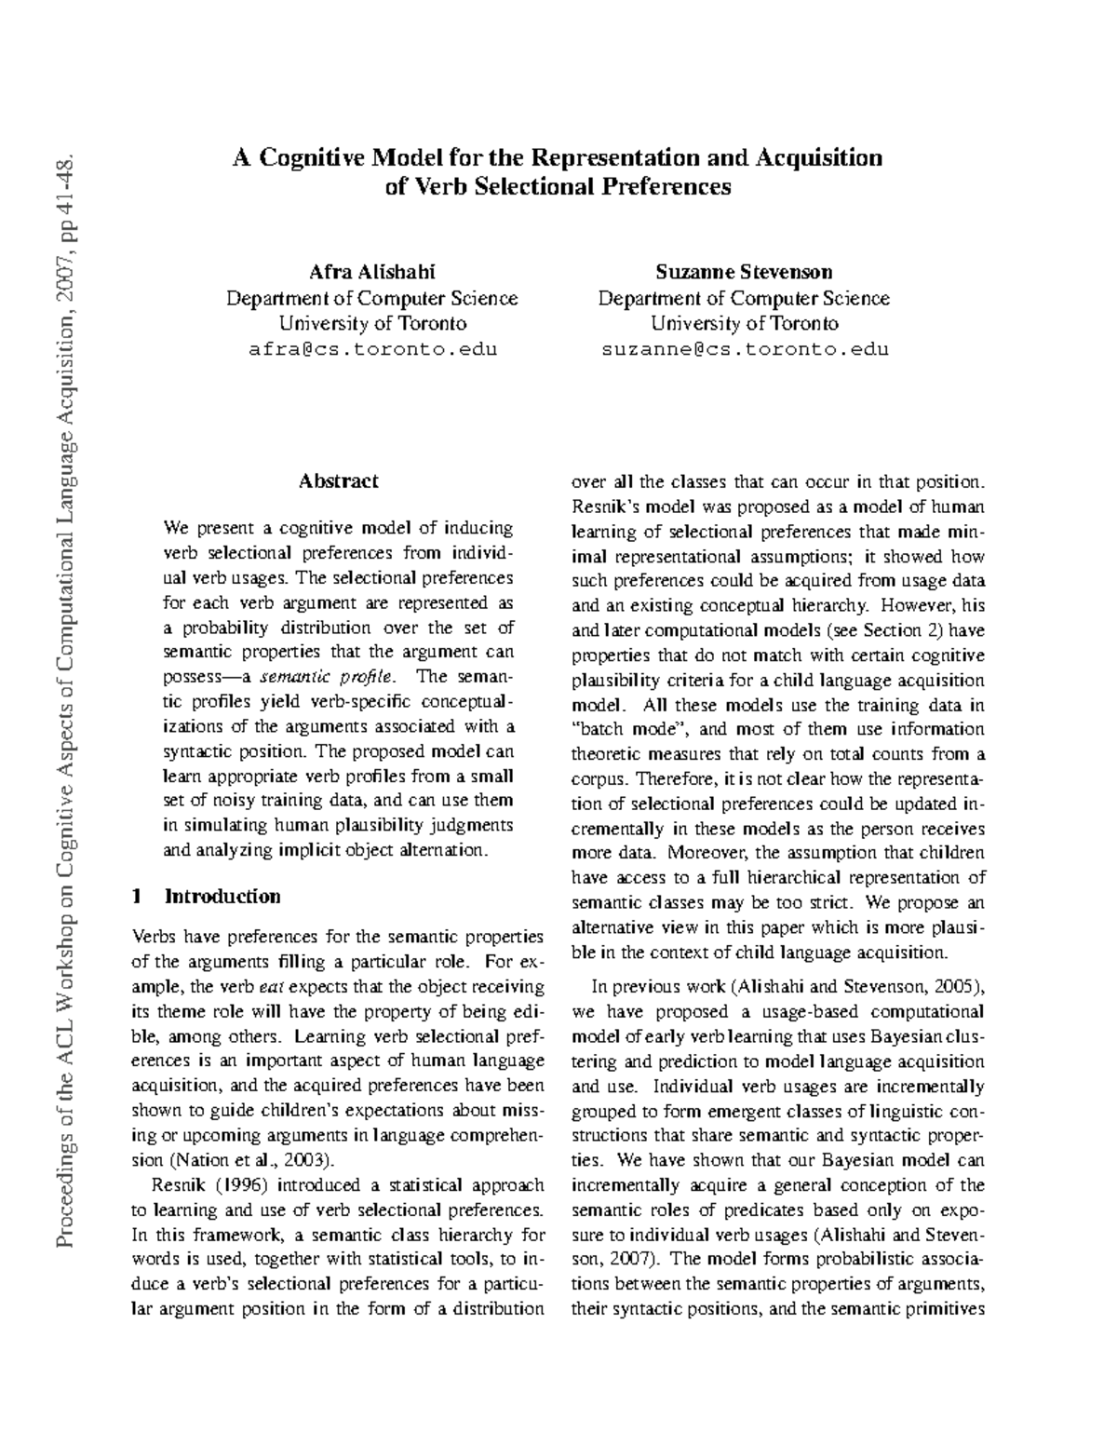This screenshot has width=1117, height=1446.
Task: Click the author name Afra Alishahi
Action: tap(371, 273)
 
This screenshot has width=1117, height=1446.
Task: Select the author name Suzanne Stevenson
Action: tap(743, 273)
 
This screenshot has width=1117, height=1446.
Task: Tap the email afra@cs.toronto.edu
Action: tap(371, 350)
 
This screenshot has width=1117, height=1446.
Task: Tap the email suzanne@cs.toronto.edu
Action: tap(743, 350)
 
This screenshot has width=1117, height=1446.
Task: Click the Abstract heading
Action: tap(338, 481)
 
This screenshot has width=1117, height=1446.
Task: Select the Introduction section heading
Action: tap(222, 897)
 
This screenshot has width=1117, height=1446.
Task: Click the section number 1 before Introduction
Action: tap(137, 897)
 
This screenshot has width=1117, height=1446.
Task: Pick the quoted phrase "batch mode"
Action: tap(626, 729)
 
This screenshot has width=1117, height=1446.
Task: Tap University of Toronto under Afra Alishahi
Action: tap(371, 324)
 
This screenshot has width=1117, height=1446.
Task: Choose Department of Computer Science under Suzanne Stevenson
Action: tap(743, 299)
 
